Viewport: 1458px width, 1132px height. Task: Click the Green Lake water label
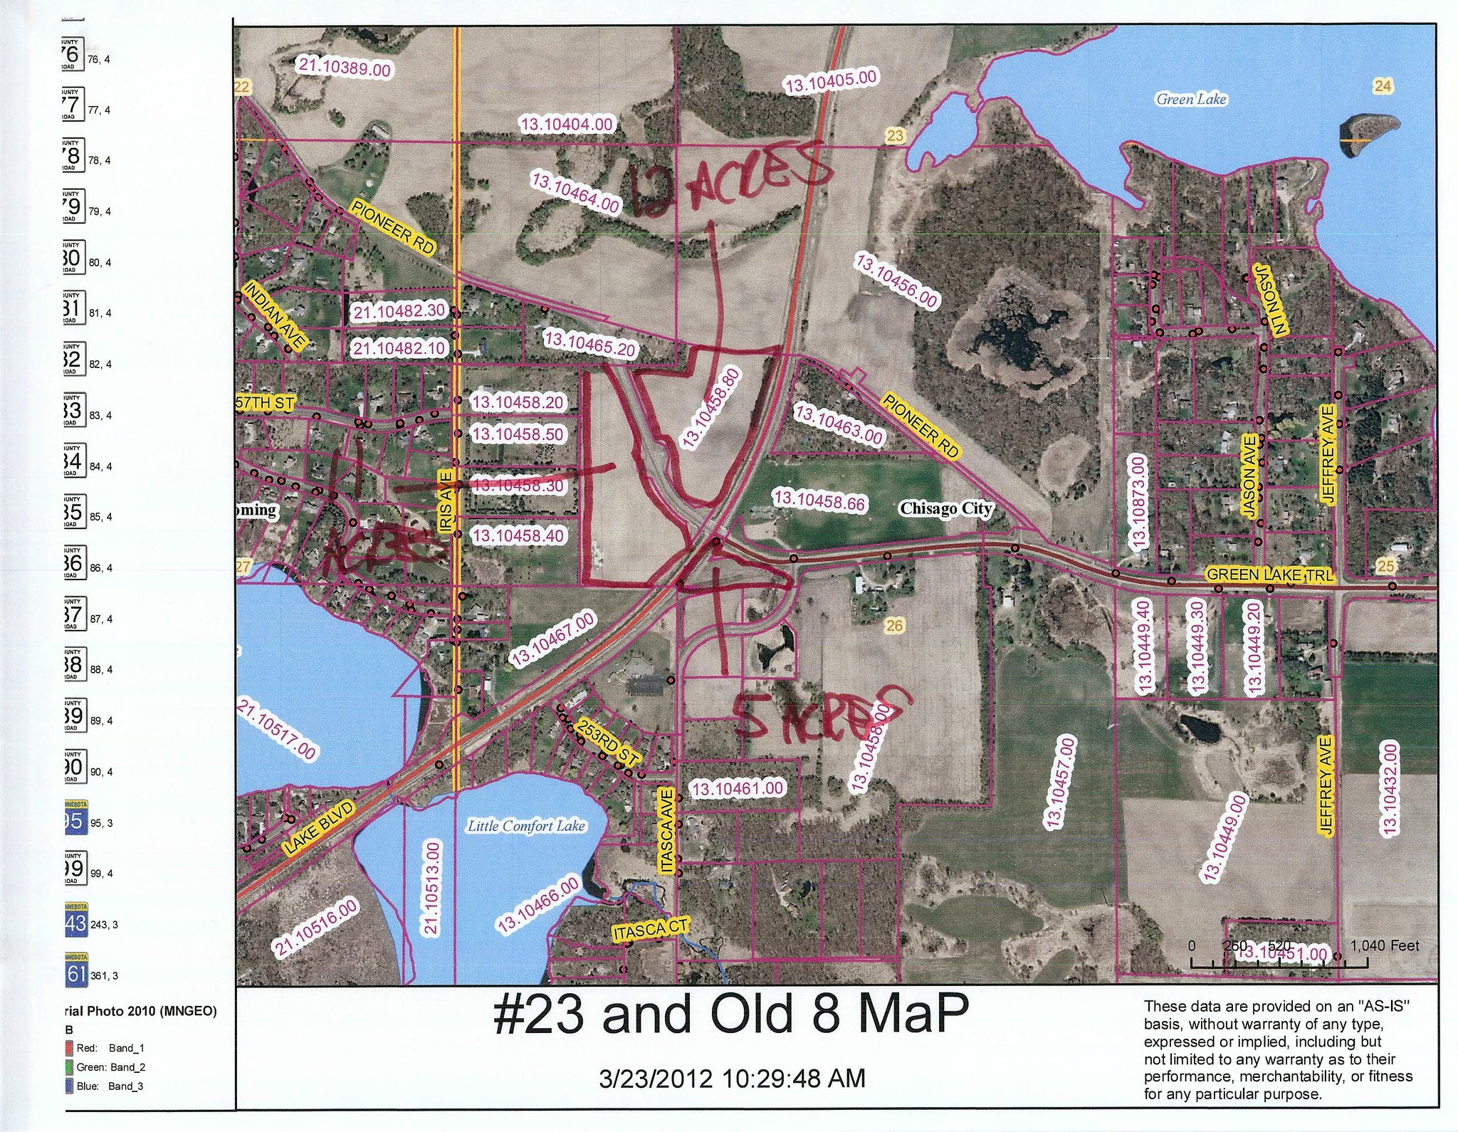[x=1191, y=100]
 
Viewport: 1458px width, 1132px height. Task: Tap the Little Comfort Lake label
[x=526, y=826]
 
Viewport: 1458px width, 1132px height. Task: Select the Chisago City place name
[x=945, y=508]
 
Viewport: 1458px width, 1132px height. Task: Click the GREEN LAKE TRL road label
[x=1269, y=575]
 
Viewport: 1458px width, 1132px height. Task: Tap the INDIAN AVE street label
[x=275, y=315]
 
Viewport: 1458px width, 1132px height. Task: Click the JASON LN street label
[x=1271, y=300]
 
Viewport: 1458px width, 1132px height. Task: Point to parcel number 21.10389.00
[x=345, y=67]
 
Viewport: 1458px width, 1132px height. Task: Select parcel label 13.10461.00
[x=738, y=788]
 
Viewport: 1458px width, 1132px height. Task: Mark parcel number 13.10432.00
[x=1390, y=787]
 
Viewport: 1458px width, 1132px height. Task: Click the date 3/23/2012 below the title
[x=656, y=1079]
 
